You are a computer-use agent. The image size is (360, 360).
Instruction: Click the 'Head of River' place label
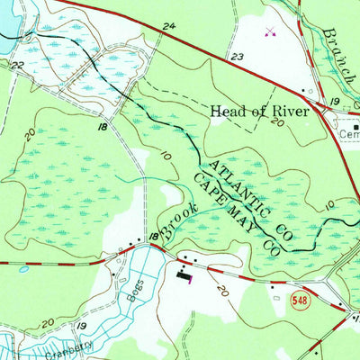coord(259,112)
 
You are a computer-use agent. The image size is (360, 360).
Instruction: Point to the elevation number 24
coord(169,28)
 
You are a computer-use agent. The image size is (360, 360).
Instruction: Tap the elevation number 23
coord(236,57)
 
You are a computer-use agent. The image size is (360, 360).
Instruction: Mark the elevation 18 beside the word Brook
coord(154,236)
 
